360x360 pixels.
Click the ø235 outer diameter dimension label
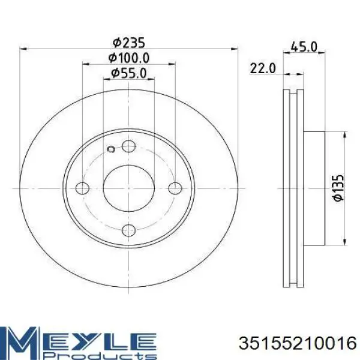(129, 43)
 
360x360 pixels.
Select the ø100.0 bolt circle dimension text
(129, 58)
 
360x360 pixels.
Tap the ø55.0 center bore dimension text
(129, 73)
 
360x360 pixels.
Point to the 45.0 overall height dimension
(304, 46)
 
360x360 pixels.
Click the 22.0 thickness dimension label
(263, 69)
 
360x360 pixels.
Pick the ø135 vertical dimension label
(339, 188)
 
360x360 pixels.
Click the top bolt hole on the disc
(129, 146)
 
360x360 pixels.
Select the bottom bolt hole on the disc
(129, 229)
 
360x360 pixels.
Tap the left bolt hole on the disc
(84, 188)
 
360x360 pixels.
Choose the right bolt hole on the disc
(174, 188)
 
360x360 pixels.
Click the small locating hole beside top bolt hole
(110, 150)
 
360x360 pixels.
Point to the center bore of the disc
(128, 188)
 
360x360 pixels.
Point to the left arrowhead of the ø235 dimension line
(23, 49)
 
